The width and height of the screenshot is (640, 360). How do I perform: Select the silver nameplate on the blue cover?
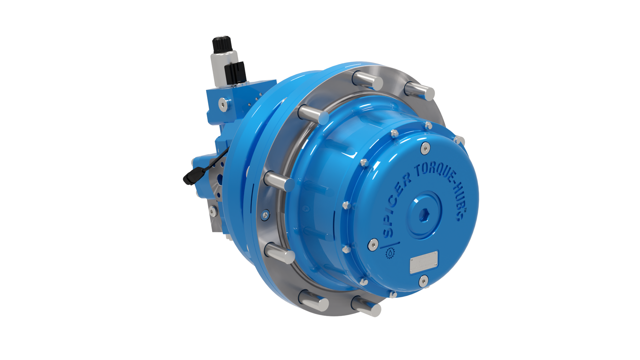[x=424, y=262]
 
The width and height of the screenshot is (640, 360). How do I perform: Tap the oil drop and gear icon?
[x=390, y=253]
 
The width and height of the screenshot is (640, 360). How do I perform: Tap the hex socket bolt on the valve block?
[x=223, y=104]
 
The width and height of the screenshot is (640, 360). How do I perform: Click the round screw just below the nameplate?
[x=423, y=281]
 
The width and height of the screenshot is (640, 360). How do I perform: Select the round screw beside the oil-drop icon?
[x=373, y=244]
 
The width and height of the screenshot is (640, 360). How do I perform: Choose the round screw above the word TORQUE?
[x=425, y=148]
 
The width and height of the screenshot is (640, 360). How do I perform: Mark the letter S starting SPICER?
[x=387, y=232]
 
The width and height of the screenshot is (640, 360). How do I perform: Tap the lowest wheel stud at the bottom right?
[x=367, y=306]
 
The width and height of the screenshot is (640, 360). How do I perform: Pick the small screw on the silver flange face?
[x=266, y=215]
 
